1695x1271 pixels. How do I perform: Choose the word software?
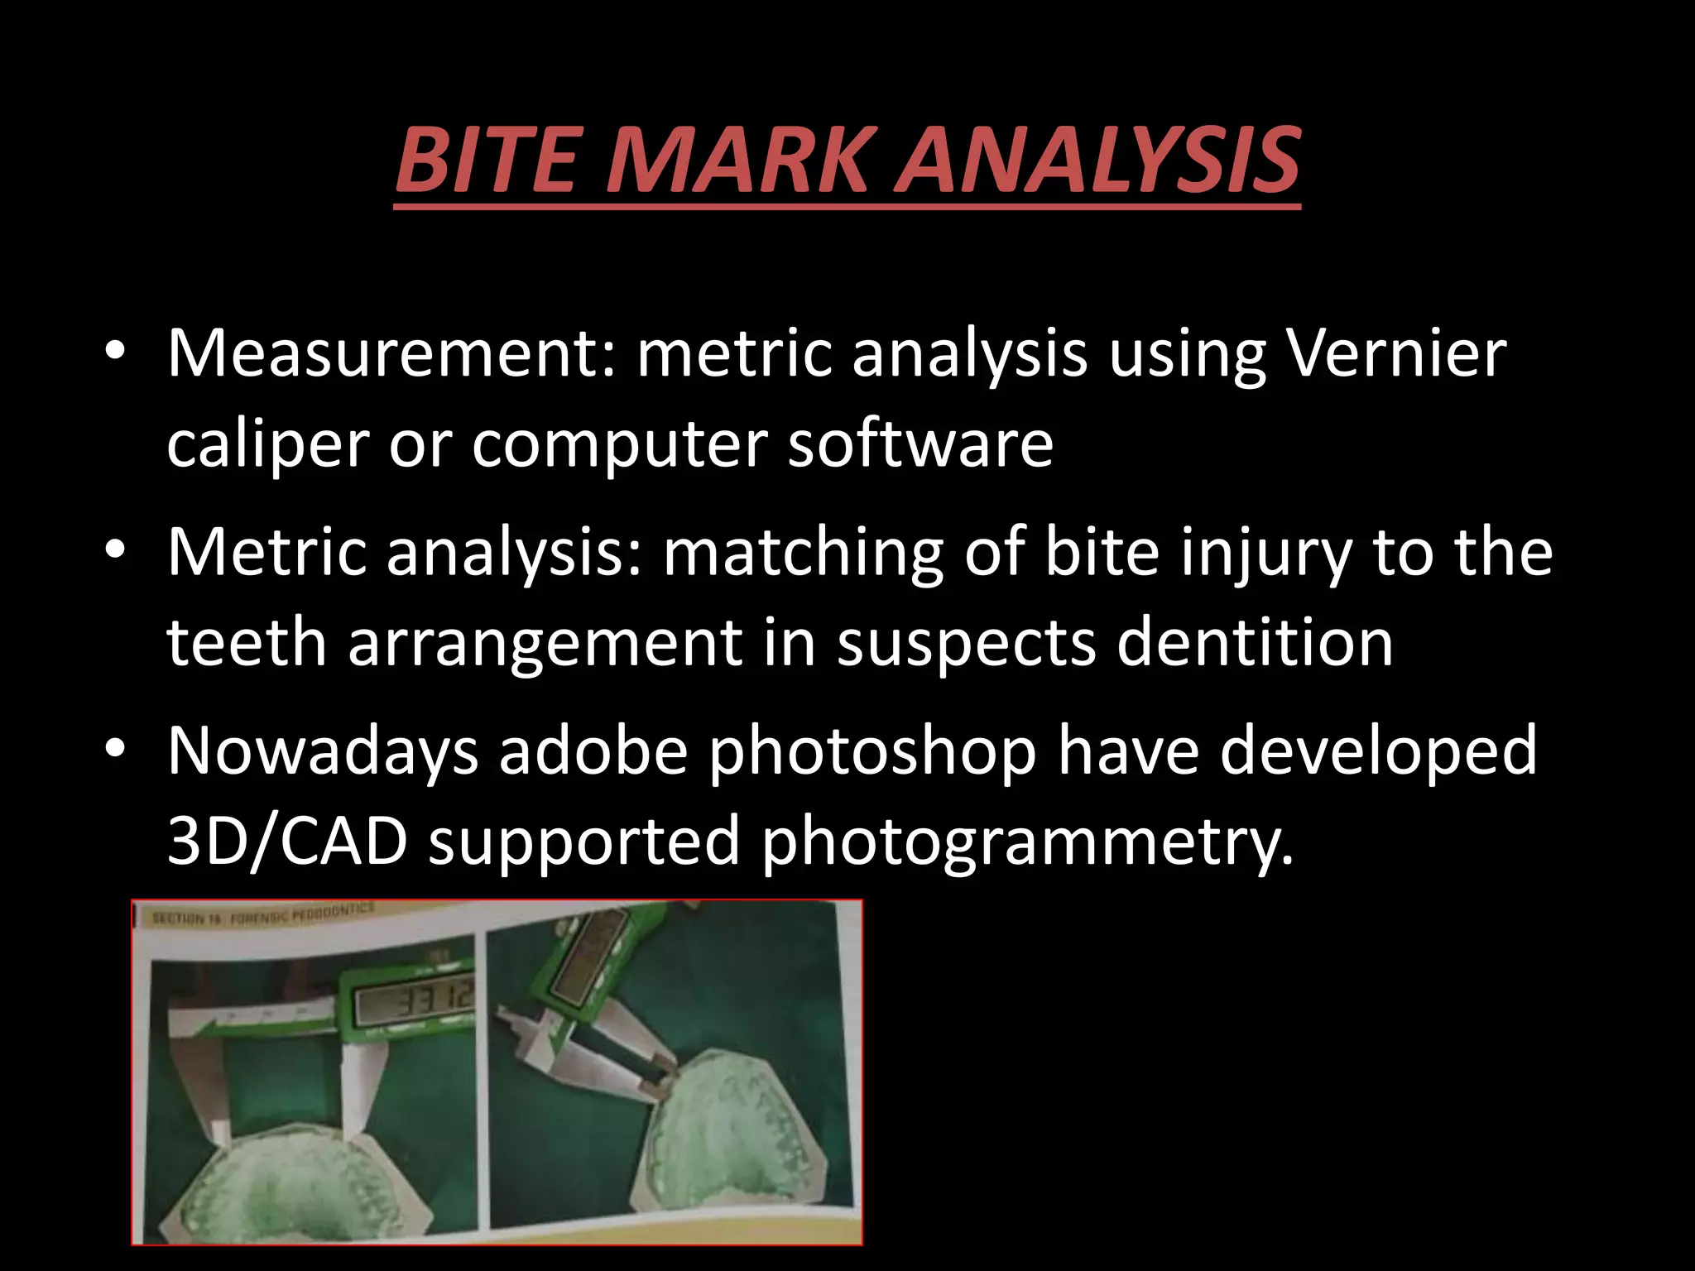920,444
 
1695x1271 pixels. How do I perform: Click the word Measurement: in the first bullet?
391,353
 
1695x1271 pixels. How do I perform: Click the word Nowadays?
323,751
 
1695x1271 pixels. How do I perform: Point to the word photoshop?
872,751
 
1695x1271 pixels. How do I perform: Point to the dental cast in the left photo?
306,1192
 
